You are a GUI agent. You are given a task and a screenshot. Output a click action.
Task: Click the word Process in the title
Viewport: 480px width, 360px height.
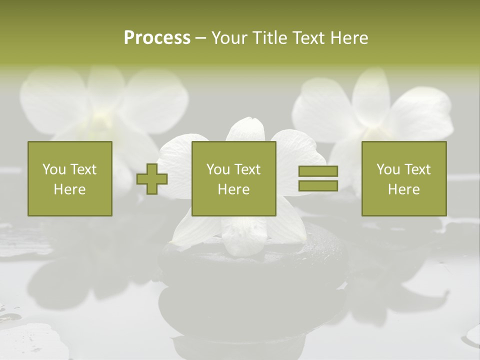tap(157, 38)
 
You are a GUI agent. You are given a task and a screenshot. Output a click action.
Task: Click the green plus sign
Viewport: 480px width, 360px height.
tap(152, 178)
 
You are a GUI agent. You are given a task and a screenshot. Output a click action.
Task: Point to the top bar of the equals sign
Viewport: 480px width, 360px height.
tap(318, 171)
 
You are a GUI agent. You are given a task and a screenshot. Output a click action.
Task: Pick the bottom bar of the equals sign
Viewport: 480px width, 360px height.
tap(318, 185)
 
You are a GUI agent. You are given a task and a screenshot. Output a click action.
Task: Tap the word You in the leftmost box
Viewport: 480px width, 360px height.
tap(53, 169)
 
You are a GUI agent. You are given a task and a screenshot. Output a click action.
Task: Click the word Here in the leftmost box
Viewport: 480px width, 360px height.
tap(69, 189)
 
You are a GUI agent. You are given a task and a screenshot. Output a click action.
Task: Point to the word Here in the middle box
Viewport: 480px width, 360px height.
tap(233, 189)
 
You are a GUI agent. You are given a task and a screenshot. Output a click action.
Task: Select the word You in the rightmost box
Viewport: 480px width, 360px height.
tap(387, 169)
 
